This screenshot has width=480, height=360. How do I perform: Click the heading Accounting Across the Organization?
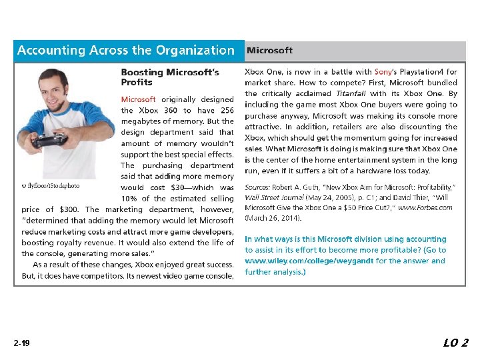[x=126, y=51]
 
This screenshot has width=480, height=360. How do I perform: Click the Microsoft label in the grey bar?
[x=269, y=51]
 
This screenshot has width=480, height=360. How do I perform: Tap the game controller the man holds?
[x=49, y=140]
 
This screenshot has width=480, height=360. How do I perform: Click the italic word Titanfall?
[x=351, y=94]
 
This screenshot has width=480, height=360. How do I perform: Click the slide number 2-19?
[x=21, y=343]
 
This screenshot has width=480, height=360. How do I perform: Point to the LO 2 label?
[x=456, y=343]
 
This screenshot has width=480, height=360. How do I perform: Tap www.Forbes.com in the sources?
[x=425, y=207]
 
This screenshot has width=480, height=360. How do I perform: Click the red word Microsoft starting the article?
[x=138, y=99]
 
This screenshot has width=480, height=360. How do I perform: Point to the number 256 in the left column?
[x=227, y=111]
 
